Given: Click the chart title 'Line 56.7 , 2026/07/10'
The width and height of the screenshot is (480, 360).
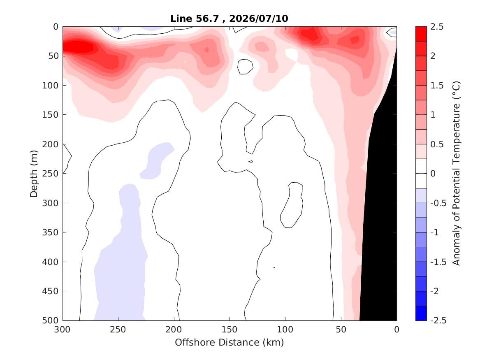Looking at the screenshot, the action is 229,19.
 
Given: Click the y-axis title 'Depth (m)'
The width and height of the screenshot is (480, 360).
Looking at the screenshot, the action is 34,174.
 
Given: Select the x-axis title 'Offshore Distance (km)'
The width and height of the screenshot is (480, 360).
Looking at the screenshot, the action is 229,342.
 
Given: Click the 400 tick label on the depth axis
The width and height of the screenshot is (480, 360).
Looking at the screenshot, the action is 50,262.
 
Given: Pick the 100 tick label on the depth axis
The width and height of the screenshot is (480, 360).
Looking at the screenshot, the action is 50,86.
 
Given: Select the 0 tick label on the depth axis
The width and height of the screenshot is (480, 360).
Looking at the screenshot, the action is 56,27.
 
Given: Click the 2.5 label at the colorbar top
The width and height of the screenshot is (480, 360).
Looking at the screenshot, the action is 437,27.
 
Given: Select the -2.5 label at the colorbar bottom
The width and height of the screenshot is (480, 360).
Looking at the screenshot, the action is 438,321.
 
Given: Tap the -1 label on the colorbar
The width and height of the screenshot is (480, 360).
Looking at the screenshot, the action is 434,232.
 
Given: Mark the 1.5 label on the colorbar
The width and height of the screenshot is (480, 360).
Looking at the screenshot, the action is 437,86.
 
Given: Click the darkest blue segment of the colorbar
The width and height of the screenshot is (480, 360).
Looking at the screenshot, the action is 421,313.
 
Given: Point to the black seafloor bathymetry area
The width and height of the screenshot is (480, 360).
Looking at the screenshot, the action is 381,214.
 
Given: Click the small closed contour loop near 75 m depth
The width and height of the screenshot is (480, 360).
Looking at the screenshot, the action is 246,66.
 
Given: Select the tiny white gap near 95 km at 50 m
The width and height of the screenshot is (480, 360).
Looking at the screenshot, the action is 292,54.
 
